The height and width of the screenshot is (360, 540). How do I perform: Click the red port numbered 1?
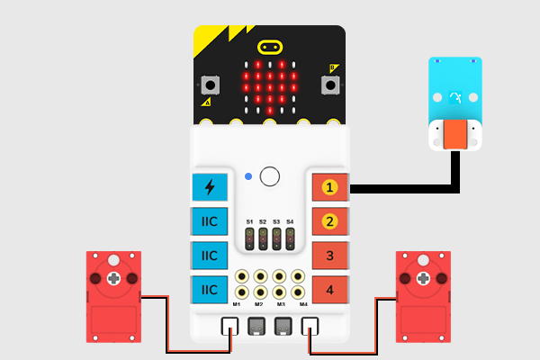click(x=329, y=187)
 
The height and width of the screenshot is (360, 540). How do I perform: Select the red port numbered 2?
click(x=329, y=221)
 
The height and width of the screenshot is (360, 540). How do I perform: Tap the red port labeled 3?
click(x=329, y=256)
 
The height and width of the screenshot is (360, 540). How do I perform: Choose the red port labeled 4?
click(x=329, y=289)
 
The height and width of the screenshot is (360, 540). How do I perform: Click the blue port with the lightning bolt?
click(x=210, y=187)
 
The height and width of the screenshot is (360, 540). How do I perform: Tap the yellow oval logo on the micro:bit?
click(x=269, y=47)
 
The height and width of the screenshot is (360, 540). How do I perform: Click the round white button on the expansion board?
click(x=269, y=175)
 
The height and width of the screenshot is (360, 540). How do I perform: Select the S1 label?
click(x=249, y=220)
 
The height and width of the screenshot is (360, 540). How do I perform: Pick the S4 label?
click(x=290, y=220)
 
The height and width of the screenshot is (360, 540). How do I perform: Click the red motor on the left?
click(x=113, y=296)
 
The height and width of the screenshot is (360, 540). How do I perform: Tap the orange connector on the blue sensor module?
click(x=454, y=135)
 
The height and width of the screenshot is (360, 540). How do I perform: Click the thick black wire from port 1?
click(x=405, y=188)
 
